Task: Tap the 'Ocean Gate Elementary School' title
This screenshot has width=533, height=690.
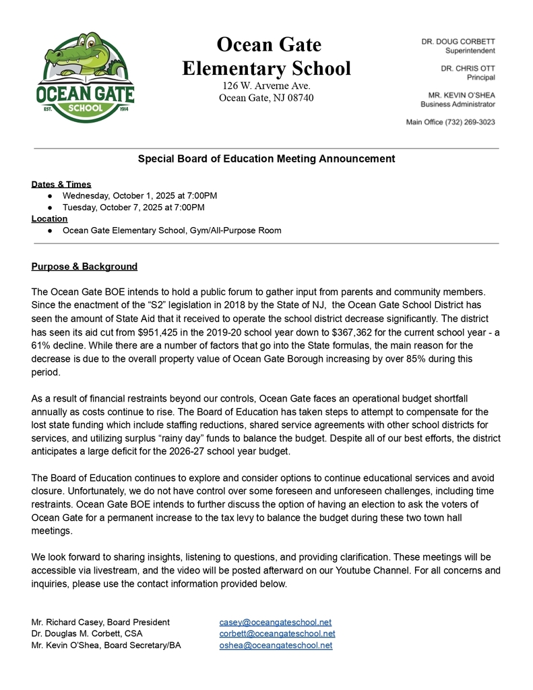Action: pyautogui.click(x=267, y=57)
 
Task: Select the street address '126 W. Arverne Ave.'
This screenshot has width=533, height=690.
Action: pyautogui.click(x=266, y=86)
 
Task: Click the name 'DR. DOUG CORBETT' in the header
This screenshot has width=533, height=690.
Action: pyautogui.click(x=458, y=41)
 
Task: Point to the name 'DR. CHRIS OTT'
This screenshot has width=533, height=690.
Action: pyautogui.click(x=468, y=68)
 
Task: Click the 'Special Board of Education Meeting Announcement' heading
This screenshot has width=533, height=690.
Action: pyautogui.click(x=266, y=159)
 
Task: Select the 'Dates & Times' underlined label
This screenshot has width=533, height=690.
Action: pyautogui.click(x=61, y=184)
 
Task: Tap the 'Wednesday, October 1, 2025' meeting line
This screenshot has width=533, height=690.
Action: pyautogui.click(x=139, y=195)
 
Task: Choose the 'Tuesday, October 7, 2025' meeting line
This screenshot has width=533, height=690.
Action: pyautogui.click(x=133, y=207)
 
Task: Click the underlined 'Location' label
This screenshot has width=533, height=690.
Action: pyautogui.click(x=49, y=218)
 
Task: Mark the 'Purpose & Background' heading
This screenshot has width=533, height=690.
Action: pyautogui.click(x=84, y=267)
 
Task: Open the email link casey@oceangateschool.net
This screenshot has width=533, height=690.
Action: pyautogui.click(x=276, y=622)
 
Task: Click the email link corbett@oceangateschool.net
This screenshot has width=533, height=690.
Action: pyautogui.click(x=278, y=633)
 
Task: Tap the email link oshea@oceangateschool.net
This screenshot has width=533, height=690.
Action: pyautogui.click(x=276, y=646)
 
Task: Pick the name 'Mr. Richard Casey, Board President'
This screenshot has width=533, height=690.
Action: pyautogui.click(x=100, y=622)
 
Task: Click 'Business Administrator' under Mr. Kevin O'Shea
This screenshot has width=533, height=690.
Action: pyautogui.click(x=458, y=104)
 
